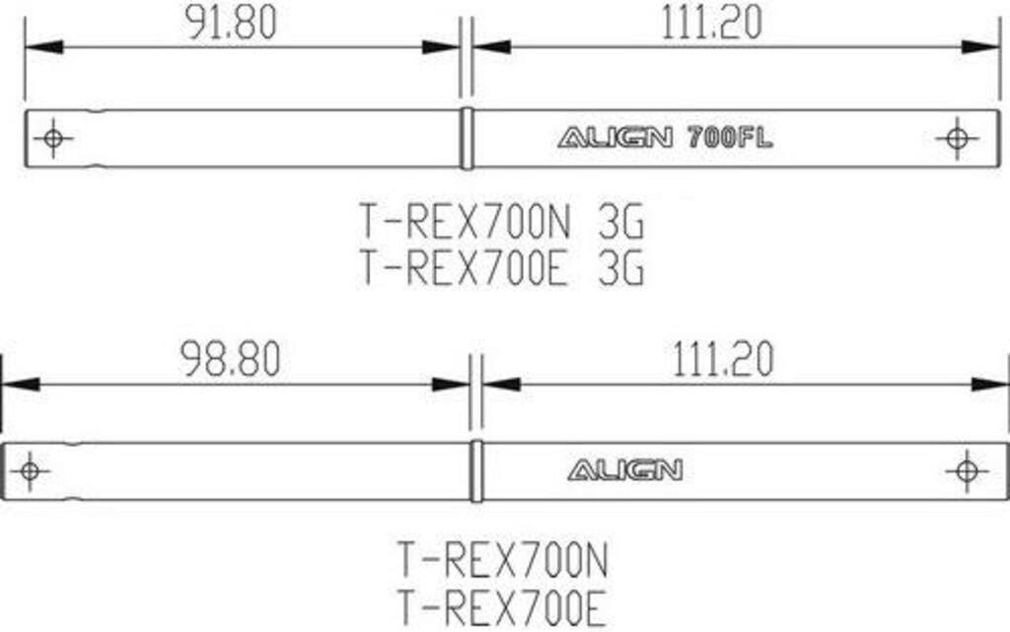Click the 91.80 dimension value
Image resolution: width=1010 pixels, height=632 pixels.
coord(231,22)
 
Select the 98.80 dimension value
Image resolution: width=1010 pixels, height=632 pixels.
coord(230,359)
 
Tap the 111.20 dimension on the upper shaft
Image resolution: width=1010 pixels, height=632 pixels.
coord(712,22)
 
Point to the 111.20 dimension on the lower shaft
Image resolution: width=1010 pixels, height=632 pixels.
coord(723,359)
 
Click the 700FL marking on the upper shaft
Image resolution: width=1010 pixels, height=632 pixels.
coord(730,137)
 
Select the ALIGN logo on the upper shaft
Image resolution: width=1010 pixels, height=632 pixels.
coord(615,137)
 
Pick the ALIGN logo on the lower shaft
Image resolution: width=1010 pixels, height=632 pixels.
coord(624,470)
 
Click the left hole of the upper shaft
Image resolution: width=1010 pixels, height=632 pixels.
coord(53,138)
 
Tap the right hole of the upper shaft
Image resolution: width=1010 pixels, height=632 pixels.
coord(957,138)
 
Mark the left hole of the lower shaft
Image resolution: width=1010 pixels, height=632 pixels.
coord(30,471)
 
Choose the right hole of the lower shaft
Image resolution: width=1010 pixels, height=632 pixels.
coord(967,471)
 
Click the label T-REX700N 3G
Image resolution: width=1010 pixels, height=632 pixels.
coord(501,222)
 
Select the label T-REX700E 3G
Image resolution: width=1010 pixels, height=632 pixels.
coord(501,267)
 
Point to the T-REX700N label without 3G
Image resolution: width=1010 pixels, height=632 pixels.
coord(502,560)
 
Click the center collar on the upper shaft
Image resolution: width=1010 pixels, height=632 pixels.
coord(467,138)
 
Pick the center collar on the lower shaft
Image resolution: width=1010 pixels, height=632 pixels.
coord(476,471)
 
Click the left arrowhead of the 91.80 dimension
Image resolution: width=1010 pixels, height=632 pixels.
coord(43,47)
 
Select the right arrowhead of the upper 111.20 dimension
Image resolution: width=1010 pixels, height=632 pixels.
coord(980,47)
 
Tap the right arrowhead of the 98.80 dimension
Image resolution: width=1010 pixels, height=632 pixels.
coord(451,385)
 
